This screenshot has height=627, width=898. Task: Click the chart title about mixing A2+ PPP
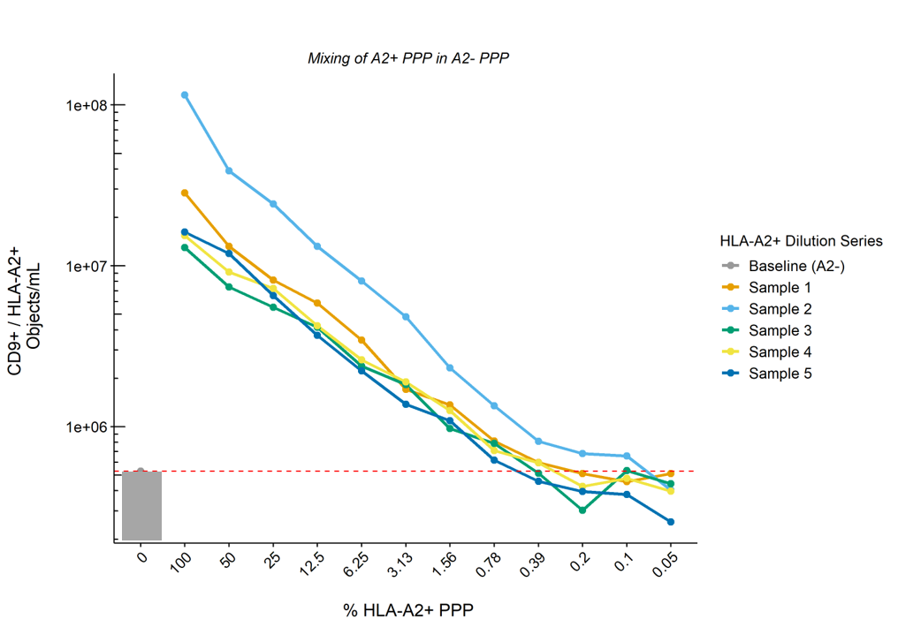[409, 58]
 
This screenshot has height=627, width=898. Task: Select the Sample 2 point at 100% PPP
[185, 94]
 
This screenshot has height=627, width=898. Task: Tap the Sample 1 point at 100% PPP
[185, 193]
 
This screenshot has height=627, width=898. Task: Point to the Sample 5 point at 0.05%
[671, 522]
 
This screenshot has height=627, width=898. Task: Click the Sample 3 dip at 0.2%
[582, 510]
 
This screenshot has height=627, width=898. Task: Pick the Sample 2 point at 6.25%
[361, 281]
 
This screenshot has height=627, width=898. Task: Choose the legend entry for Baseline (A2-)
[796, 266]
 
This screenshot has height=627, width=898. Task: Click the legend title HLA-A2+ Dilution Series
[801, 240]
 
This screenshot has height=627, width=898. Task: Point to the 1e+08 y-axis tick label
[85, 105]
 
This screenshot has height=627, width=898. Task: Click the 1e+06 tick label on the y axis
[85, 427]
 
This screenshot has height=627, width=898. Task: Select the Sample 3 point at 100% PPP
[185, 247]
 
